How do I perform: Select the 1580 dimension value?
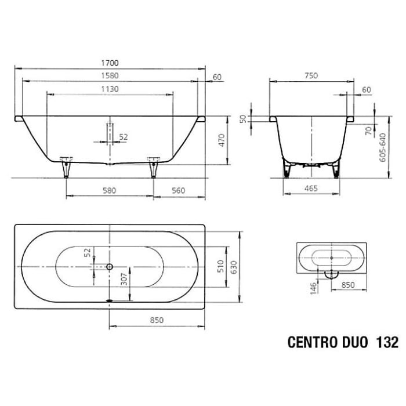pyautogui.click(x=110, y=75)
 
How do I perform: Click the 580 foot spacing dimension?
pyautogui.click(x=111, y=190)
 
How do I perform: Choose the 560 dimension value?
pyautogui.click(x=180, y=190)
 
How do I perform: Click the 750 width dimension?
pyautogui.click(x=311, y=75)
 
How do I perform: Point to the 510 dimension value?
pyautogui.click(x=220, y=266)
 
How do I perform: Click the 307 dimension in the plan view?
pyautogui.click(x=122, y=282)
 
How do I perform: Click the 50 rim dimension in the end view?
pyautogui.click(x=244, y=118)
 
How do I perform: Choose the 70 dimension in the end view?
pyautogui.click(x=368, y=130)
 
